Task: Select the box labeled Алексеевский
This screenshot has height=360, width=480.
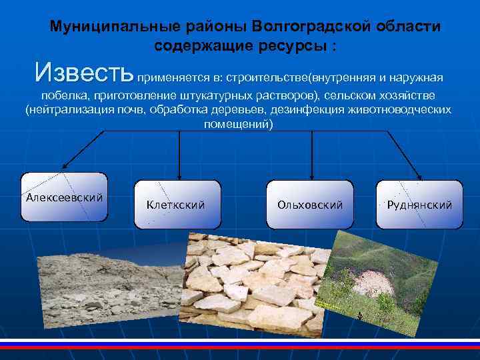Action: pos(64,197)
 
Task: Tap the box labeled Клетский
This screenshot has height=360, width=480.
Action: pos(175,204)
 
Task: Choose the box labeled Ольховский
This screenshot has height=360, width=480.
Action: pos(310,204)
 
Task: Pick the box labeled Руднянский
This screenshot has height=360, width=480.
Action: pos(419,204)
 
